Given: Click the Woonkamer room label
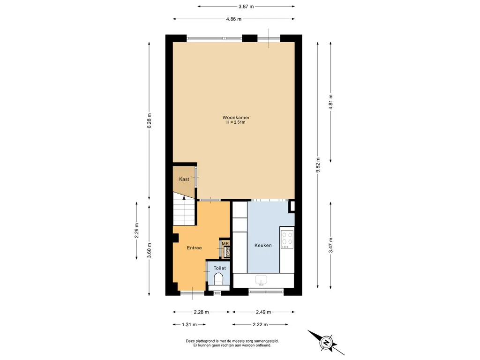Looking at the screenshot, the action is (x=236, y=118).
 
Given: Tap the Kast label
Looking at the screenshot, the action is (x=184, y=179).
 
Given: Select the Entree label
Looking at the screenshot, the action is (x=194, y=247).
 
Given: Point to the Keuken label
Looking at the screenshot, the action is (x=263, y=245).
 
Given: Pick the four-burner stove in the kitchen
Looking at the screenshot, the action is (x=287, y=240).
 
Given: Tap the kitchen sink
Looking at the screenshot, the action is (x=261, y=280).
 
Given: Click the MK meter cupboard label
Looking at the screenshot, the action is (x=225, y=243).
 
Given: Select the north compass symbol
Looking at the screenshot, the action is (x=326, y=342).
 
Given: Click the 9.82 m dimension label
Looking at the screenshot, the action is (x=318, y=165).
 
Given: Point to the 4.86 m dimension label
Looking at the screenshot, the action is (x=234, y=19).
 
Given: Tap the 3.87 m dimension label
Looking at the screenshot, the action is (x=246, y=6).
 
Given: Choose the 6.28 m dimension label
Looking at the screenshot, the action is (x=149, y=121).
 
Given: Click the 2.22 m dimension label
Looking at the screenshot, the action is (x=260, y=324).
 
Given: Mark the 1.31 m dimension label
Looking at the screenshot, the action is (x=189, y=324).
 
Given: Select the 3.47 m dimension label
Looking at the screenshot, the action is (x=330, y=246).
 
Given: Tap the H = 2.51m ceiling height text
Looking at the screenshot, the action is (x=236, y=122).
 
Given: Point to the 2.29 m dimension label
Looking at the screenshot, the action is (x=136, y=231).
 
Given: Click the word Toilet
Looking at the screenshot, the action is (x=219, y=268).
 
